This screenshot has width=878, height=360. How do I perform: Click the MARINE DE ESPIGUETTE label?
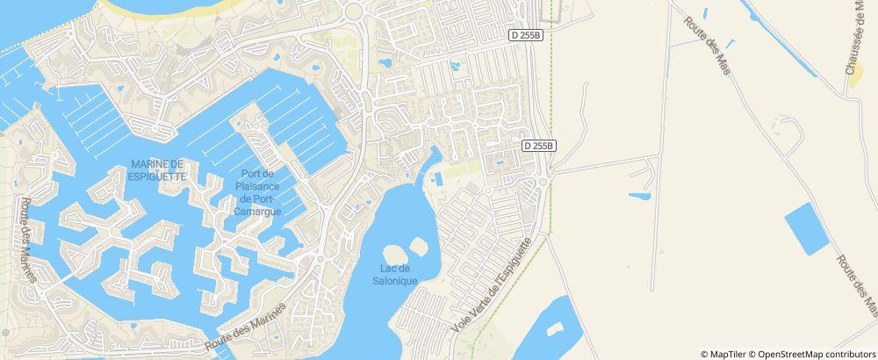(157, 169)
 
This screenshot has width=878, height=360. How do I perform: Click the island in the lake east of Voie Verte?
(554, 328)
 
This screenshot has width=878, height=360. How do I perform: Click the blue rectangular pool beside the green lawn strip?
(437, 179)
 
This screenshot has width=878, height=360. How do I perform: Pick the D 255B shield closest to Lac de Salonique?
(537, 146)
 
